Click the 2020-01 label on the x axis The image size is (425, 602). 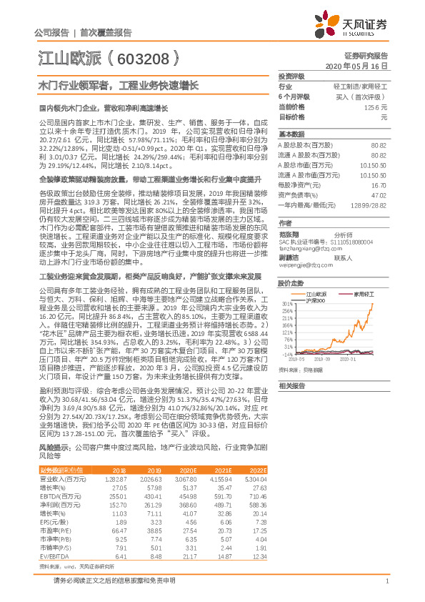coord(368,360)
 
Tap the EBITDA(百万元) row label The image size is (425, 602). coord(59,495)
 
